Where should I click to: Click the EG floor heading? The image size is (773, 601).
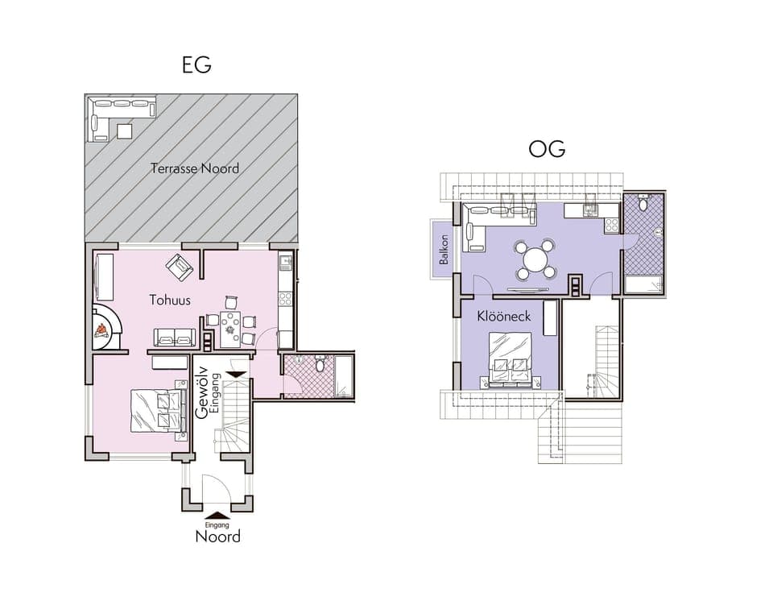click(x=196, y=65)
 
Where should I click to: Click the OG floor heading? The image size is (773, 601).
click(x=547, y=149)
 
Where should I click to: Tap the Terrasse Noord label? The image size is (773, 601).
click(x=195, y=168)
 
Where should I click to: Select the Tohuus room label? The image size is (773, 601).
click(x=170, y=300)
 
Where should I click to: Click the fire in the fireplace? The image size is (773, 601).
click(x=102, y=327)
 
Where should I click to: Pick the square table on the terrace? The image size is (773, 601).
click(x=124, y=131)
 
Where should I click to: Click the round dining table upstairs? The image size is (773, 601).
click(x=535, y=259)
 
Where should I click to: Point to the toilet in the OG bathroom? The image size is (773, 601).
click(x=642, y=205)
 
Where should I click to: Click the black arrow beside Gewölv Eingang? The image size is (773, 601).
click(x=237, y=374)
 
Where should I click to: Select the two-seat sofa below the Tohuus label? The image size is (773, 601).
click(x=175, y=337)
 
